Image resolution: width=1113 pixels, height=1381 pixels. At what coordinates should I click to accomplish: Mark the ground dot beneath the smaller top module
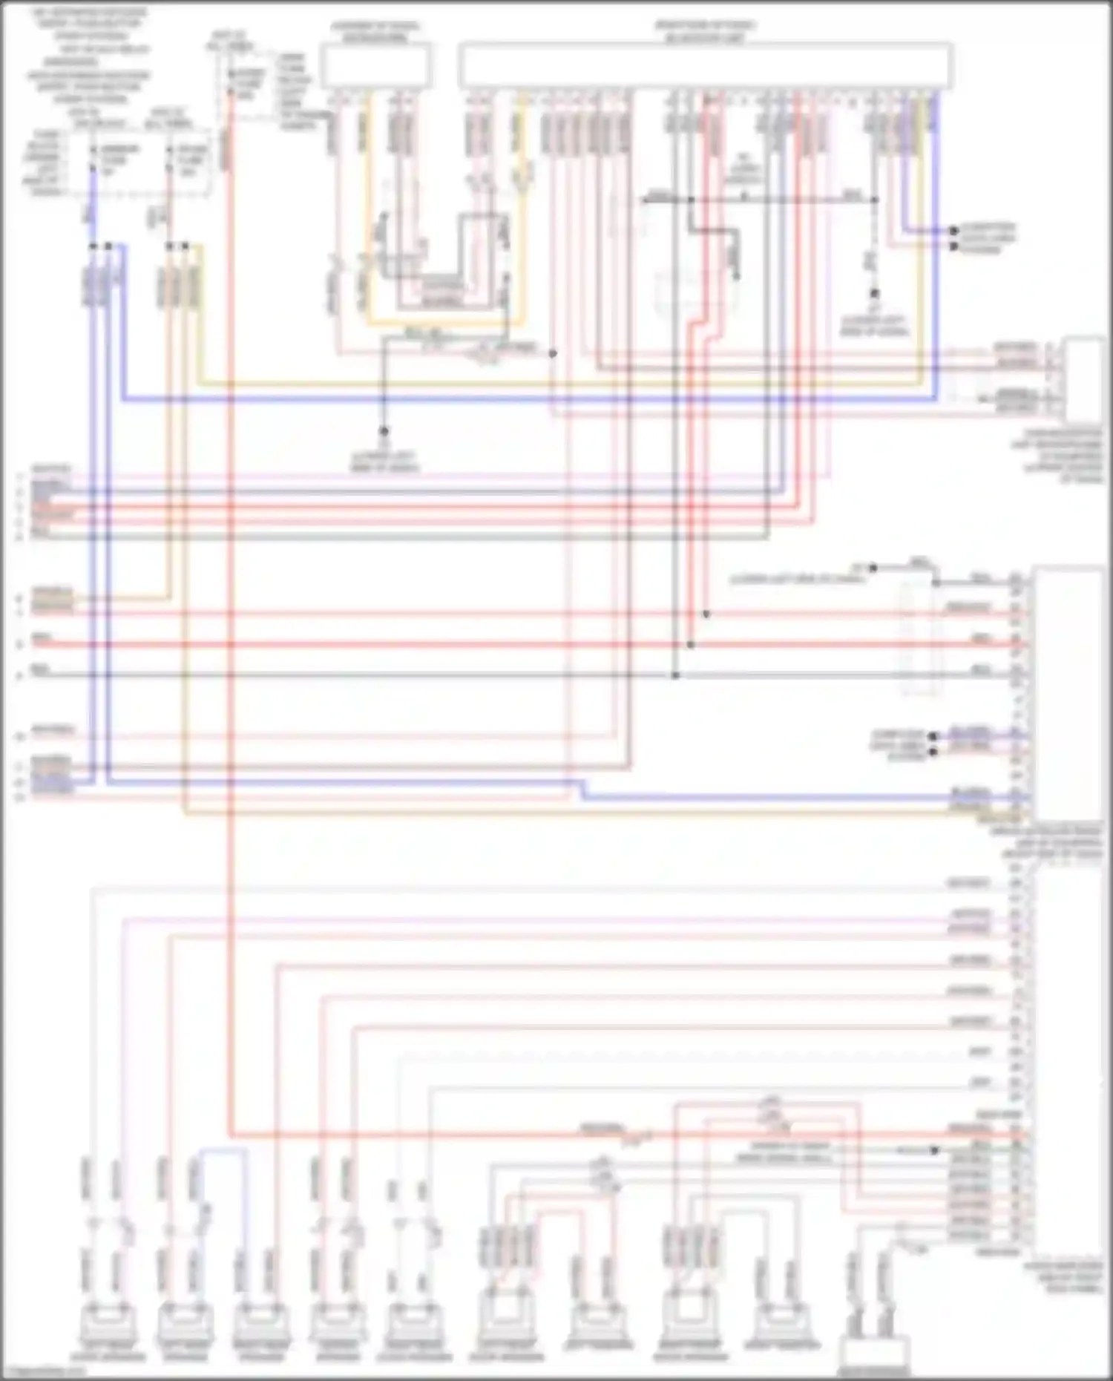click(384, 430)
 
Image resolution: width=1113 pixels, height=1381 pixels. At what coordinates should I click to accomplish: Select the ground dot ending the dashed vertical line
click(875, 294)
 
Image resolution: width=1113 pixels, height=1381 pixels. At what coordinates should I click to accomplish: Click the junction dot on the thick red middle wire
click(690, 645)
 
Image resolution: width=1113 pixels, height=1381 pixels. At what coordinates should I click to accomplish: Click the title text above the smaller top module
click(375, 32)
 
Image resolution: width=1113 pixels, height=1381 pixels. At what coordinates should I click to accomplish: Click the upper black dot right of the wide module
click(954, 231)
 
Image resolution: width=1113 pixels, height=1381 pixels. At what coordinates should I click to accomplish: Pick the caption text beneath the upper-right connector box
click(1057, 454)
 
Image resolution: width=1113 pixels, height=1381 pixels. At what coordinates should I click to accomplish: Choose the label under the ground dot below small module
click(384, 462)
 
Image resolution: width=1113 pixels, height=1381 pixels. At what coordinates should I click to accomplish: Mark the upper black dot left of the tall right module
click(933, 736)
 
